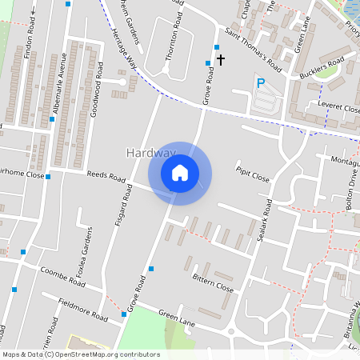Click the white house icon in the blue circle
pyautogui.click(x=180, y=173)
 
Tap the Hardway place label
pyautogui.click(x=150, y=152)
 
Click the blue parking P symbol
pyautogui.click(x=259, y=82)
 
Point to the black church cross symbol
pyautogui.click(x=221, y=59)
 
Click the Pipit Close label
pyautogui.click(x=252, y=174)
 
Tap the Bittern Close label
pyautogui.click(x=213, y=282)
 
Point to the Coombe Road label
pyautogui.click(x=63, y=278)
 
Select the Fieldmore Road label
pyautogui.click(x=82, y=310)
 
